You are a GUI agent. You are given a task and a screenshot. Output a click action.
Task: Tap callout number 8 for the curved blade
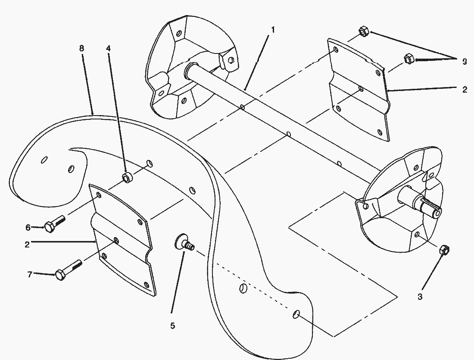pyautogui.click(x=82, y=48)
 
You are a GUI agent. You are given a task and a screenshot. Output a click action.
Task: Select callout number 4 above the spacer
pyautogui.click(x=108, y=48)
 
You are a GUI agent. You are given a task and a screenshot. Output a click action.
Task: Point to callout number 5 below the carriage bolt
pyautogui.click(x=172, y=326)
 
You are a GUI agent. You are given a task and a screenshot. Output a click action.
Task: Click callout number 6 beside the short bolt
pyautogui.click(x=28, y=227)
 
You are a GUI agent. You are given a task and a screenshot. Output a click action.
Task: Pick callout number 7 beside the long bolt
pyautogui.click(x=30, y=274)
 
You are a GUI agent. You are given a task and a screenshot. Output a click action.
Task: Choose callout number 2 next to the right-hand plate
pyautogui.click(x=465, y=90)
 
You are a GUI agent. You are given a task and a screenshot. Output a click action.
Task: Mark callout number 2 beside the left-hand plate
pyautogui.click(x=27, y=244)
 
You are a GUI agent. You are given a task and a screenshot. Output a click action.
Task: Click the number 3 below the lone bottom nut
pyautogui.click(x=420, y=296)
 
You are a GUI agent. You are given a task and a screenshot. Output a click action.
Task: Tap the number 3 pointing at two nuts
pyautogui.click(x=465, y=62)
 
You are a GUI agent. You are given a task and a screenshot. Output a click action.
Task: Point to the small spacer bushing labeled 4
pyautogui.click(x=128, y=178)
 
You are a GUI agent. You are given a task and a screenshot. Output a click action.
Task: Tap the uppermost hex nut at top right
pyautogui.click(x=363, y=31)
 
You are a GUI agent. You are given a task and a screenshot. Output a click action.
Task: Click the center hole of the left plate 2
pyautogui.click(x=116, y=240)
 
